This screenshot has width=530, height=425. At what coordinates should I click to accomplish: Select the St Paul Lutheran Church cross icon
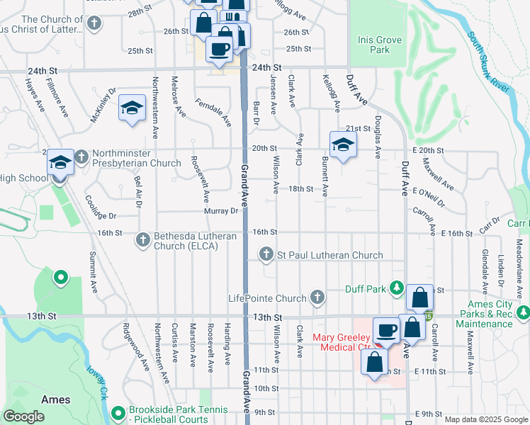266,254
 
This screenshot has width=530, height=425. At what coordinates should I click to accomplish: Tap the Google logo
23,416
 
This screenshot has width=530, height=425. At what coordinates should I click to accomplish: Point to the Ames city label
55,399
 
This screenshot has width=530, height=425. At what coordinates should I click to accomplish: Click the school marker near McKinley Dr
132,108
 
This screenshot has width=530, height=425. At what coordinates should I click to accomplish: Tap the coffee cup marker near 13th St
387,331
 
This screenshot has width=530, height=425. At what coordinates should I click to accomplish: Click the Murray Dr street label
222,211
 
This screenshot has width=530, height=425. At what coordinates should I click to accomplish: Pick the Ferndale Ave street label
213,112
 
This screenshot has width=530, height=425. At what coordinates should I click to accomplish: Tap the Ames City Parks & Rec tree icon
523,312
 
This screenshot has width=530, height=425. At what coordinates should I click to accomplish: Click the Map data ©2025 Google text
485,419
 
